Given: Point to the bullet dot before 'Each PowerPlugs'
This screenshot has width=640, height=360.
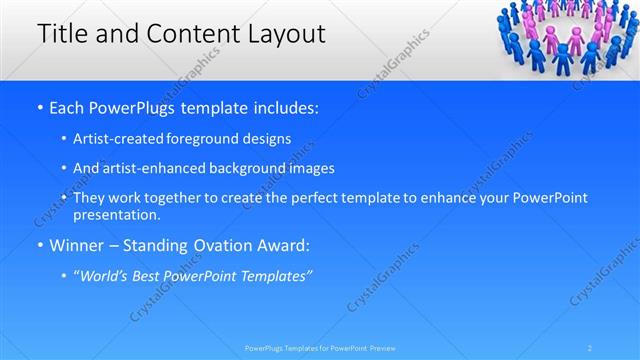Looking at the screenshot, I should [x=38, y=106].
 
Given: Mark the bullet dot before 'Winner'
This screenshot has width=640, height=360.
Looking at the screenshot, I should [x=38, y=244].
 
